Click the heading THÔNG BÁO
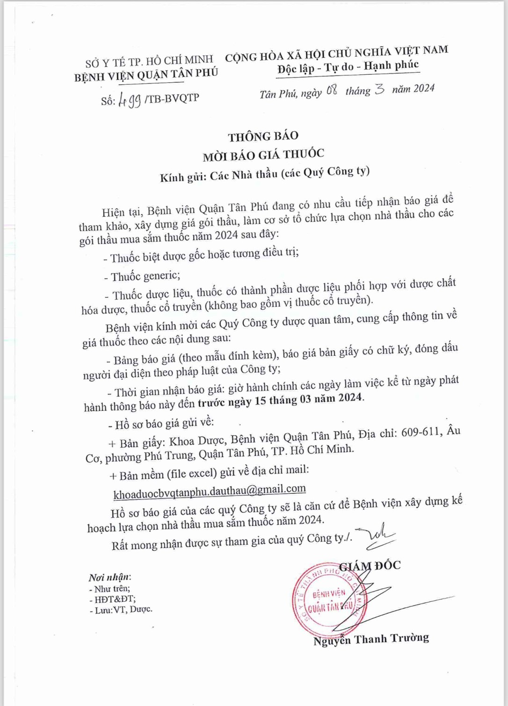pos(263,136)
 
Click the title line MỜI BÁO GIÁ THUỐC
pos(263,154)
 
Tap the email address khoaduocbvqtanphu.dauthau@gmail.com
pos(210,490)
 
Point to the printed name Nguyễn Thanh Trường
pos(371,639)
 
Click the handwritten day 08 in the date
pos(332,91)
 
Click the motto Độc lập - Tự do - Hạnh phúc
pos(348,67)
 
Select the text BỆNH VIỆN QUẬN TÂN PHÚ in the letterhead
pos(146,74)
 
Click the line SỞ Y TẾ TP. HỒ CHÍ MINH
pos(149,60)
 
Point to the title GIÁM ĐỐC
pos(370,565)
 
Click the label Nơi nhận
pos(109,577)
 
